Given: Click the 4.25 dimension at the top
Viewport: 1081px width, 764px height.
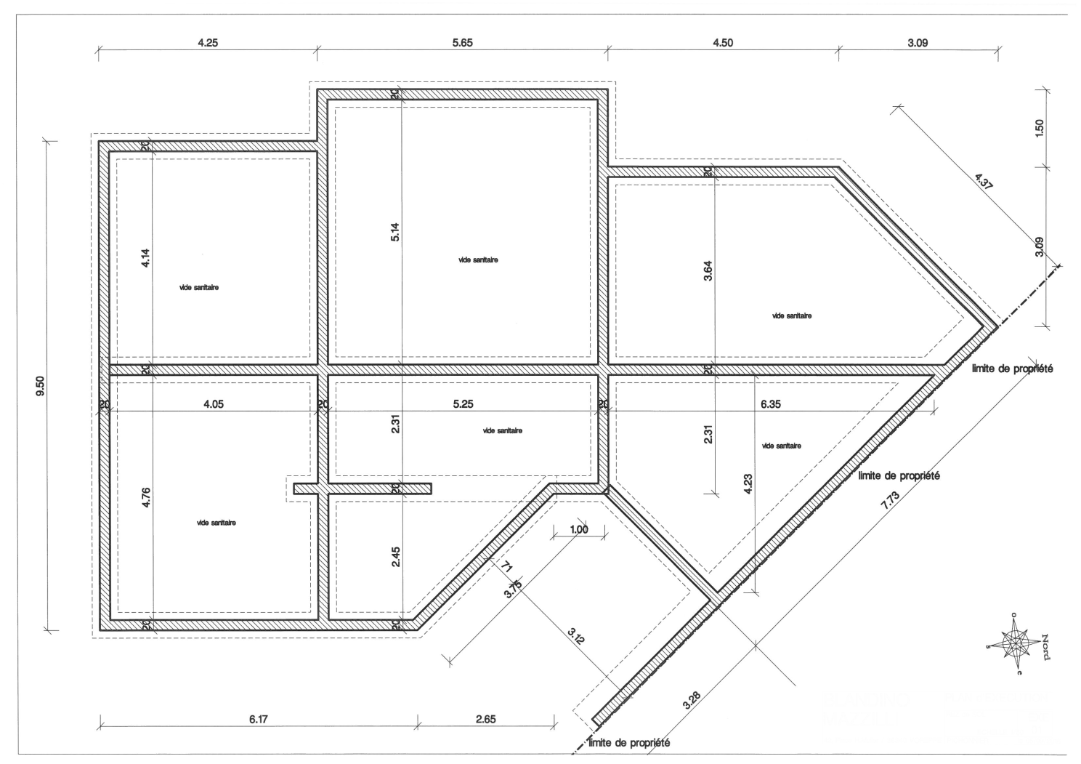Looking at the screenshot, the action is (208, 43).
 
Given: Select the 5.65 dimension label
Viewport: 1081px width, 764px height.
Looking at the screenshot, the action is (462, 43).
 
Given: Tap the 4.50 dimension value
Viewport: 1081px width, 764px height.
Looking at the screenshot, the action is (722, 43).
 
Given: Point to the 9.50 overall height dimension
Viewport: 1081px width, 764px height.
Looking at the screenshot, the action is (41, 386).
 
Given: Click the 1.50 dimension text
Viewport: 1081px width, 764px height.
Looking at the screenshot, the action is (1040, 128).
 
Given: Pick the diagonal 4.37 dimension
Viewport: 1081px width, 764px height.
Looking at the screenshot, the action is (983, 181).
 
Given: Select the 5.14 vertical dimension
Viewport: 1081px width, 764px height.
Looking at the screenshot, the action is (395, 232).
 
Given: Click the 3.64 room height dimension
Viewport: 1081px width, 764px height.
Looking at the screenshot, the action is (708, 271).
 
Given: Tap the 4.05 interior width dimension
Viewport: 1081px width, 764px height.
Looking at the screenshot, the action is (214, 404).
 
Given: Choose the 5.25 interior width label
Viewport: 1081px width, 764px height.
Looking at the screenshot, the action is (463, 404).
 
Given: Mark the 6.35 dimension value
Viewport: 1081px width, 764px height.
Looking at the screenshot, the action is (770, 404).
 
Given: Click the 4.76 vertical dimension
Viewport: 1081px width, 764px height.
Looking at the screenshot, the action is (146, 497).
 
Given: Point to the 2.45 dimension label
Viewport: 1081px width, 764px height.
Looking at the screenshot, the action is (396, 556).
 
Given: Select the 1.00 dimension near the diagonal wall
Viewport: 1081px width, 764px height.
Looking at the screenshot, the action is (579, 529).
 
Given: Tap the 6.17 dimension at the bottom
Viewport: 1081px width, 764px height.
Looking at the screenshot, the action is (259, 720).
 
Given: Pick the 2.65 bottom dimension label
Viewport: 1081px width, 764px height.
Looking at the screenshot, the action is (485, 720).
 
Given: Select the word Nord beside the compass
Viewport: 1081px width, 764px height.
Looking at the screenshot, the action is (1045, 647).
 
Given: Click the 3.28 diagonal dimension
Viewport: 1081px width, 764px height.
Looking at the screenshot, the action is (692, 701).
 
